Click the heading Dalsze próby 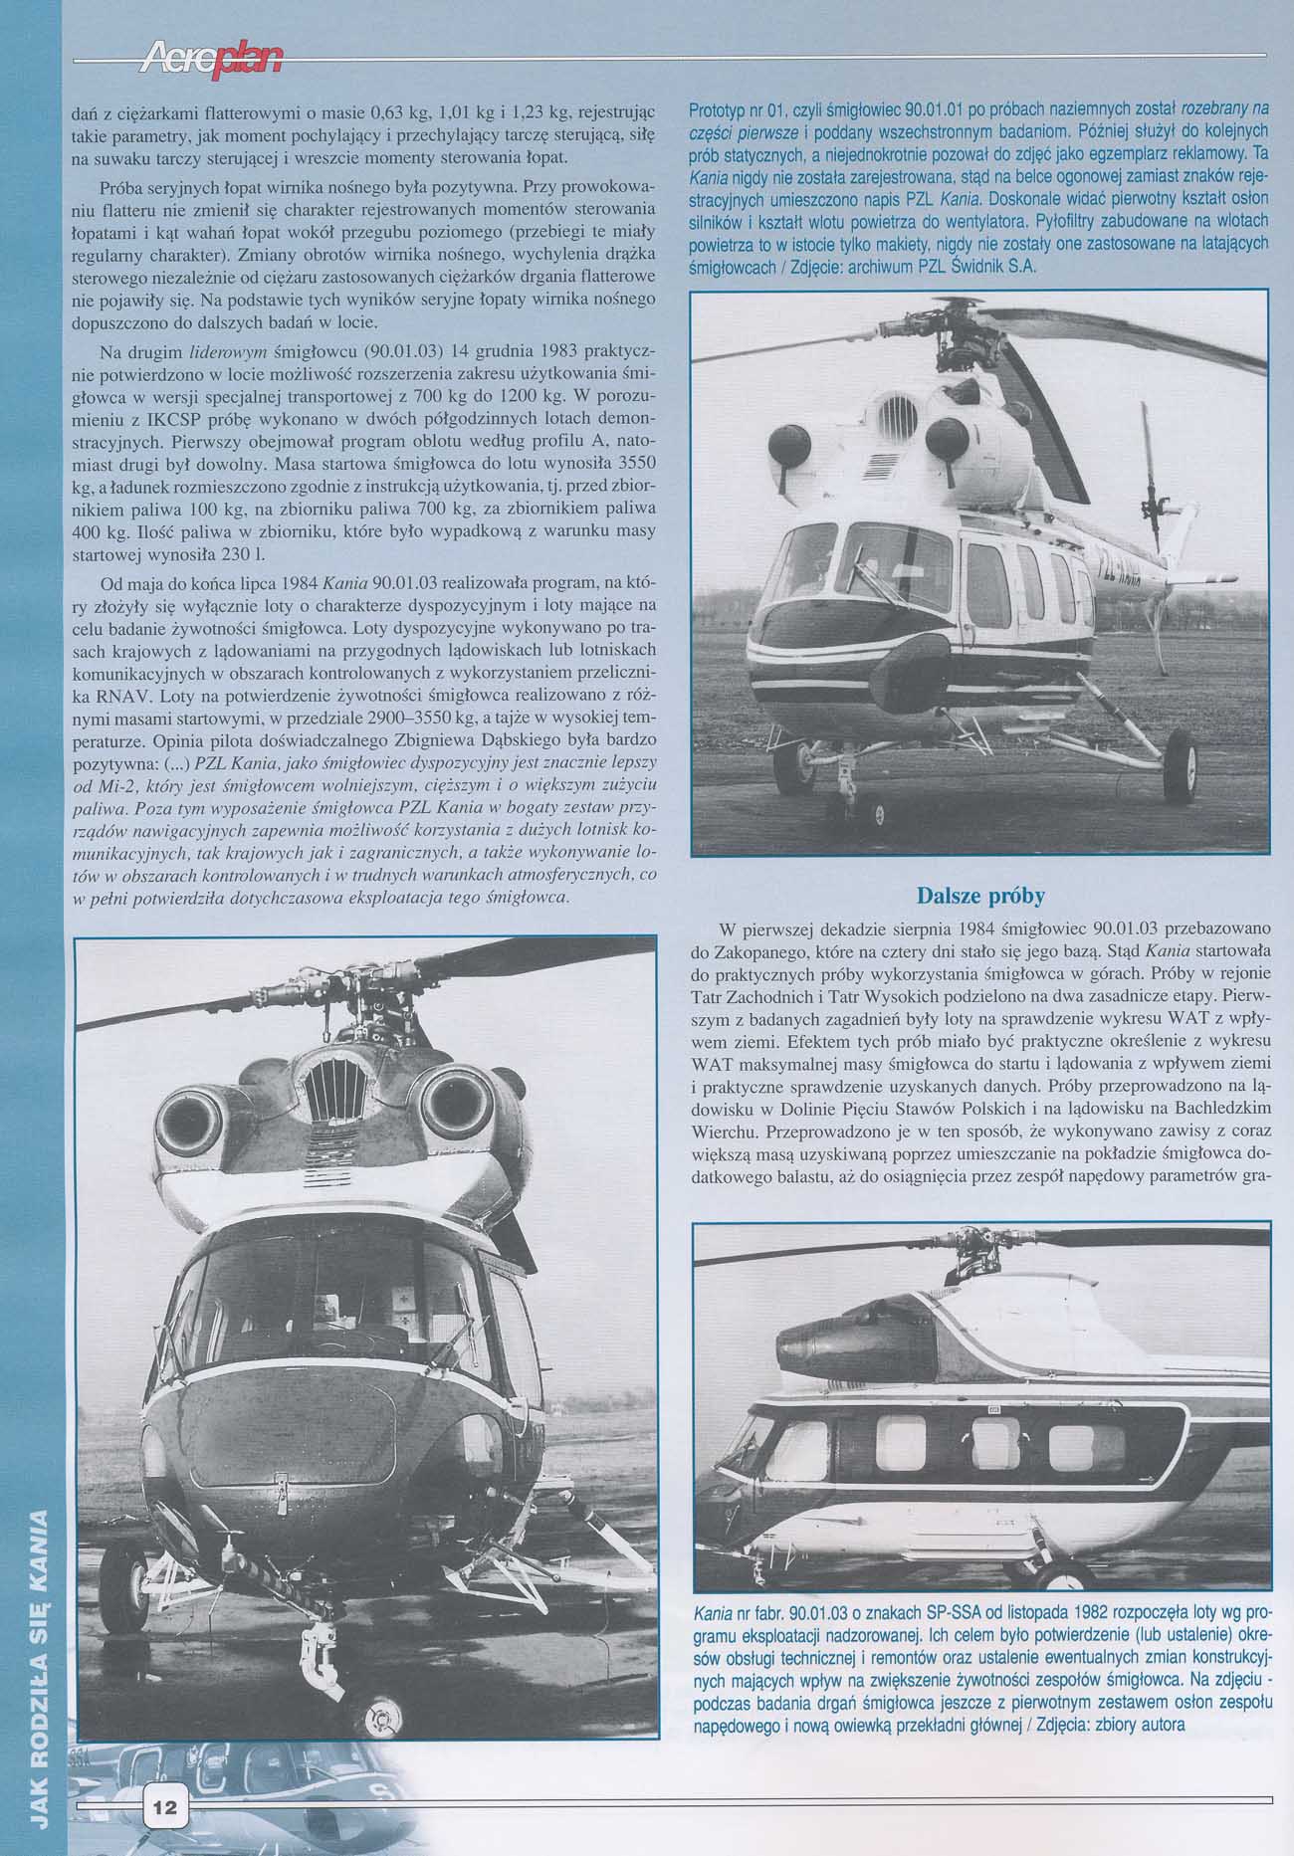(x=979, y=896)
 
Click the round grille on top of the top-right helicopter (x=895, y=411)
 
